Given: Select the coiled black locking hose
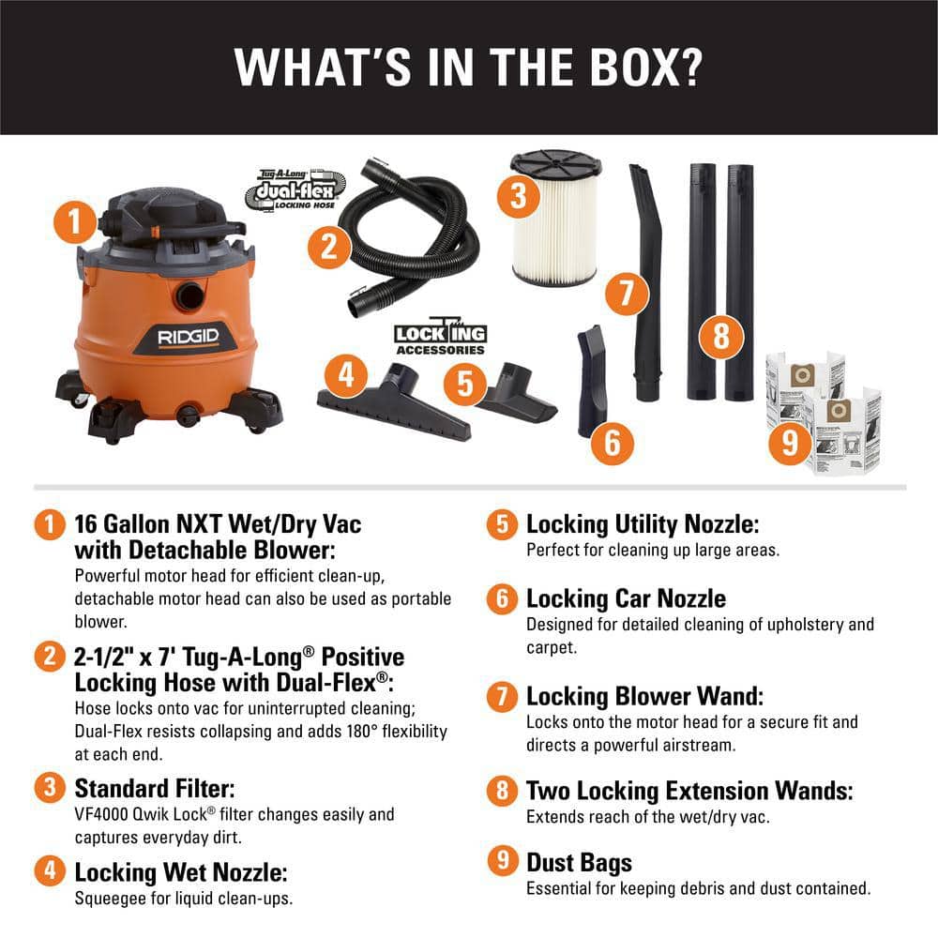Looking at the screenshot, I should click(413, 244).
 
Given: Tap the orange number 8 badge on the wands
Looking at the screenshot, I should click(720, 336).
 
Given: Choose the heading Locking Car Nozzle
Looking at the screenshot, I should click(626, 598).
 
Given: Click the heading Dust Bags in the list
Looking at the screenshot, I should click(579, 862).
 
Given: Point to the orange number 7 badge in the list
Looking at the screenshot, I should click(503, 696).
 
